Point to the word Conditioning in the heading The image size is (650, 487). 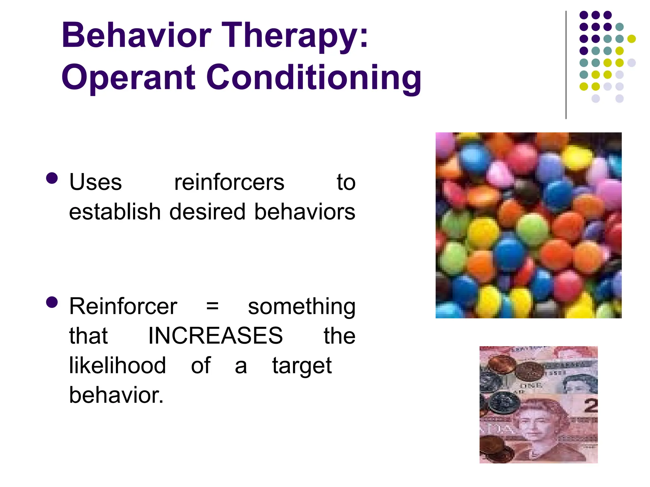[314, 78]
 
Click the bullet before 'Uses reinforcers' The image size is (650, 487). [52, 178]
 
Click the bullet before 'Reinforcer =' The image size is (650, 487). [52, 302]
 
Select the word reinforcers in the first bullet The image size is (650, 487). [229, 183]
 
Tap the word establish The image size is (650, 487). [115, 212]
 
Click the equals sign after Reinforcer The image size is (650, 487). [212, 307]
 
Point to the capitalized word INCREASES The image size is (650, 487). [216, 336]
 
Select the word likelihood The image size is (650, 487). [117, 365]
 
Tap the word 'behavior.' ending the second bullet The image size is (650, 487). [116, 395]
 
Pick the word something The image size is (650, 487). [302, 307]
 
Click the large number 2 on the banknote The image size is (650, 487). [591, 406]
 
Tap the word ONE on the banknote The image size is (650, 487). [531, 386]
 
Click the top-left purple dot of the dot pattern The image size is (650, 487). [583, 15]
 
